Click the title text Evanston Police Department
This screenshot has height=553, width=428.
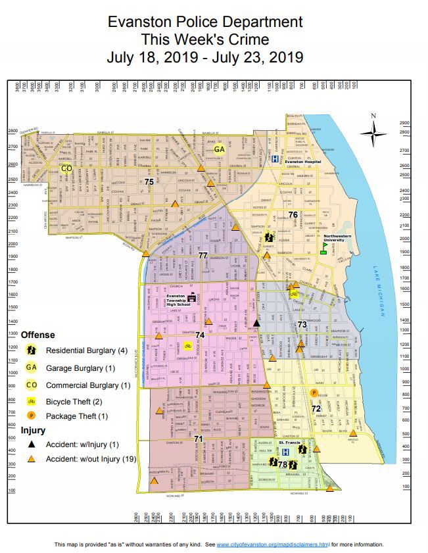coord(205,22)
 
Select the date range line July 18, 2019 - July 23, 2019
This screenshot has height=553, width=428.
coord(205,57)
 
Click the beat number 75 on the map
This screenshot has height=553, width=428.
coord(149,181)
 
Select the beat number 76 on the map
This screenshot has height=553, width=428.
coord(293,214)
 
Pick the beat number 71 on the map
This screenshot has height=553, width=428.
coord(199,438)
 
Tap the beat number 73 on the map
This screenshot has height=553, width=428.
coord(302,324)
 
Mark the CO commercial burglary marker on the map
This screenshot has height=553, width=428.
coord(66,168)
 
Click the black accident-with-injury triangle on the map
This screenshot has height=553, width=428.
coord(258,323)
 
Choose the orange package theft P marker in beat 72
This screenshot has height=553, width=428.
coord(314,393)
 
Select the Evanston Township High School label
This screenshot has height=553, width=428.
coord(176,299)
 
